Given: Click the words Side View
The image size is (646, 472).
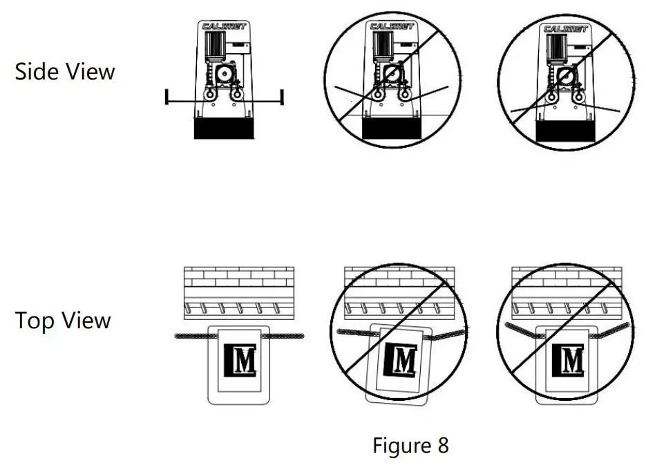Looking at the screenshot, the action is pyautogui.click(x=65, y=71).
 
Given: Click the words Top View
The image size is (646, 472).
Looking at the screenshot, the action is pyautogui.click(x=63, y=321).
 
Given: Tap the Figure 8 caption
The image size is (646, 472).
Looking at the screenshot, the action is pyautogui.click(x=410, y=445).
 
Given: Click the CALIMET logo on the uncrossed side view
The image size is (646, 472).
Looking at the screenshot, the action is pyautogui.click(x=224, y=26).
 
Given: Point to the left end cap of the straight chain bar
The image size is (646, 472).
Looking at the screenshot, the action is pyautogui.click(x=167, y=97).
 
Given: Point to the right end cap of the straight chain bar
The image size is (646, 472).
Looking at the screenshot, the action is pyautogui.click(x=282, y=97).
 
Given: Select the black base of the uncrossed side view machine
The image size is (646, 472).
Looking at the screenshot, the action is pyautogui.click(x=224, y=129).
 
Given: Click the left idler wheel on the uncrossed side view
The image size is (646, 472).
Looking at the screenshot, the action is pyautogui.click(x=209, y=95).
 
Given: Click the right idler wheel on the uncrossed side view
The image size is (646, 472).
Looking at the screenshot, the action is pyautogui.click(x=236, y=95).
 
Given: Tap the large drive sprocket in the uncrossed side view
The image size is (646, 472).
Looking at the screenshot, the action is pyautogui.click(x=225, y=74).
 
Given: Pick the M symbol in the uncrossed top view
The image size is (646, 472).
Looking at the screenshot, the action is pyautogui.click(x=240, y=360).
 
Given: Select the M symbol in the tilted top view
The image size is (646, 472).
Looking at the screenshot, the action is pyautogui.click(x=400, y=360).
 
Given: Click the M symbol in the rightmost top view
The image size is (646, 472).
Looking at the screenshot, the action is pyautogui.click(x=568, y=360).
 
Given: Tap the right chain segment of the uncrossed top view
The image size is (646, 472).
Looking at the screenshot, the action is pyautogui.click(x=283, y=337).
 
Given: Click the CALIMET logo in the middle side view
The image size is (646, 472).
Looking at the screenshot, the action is pyautogui.click(x=392, y=26).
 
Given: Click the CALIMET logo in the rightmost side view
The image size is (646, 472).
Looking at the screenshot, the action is pyautogui.click(x=565, y=29).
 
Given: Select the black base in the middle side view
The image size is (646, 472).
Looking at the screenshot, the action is pyautogui.click(x=392, y=129).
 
